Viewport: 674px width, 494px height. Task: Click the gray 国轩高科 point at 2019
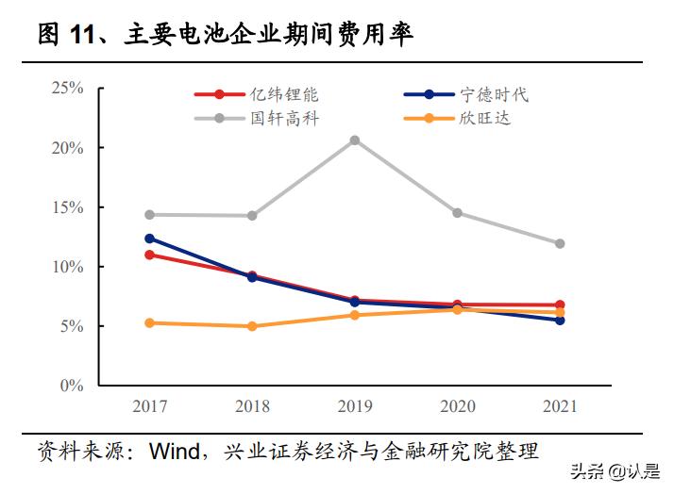tap(355, 140)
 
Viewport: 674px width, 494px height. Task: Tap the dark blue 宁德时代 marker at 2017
tap(149, 239)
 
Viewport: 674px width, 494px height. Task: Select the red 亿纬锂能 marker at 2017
tap(149, 255)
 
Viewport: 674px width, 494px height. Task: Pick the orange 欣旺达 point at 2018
tap(252, 326)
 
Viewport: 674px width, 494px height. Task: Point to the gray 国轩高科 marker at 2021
tap(560, 243)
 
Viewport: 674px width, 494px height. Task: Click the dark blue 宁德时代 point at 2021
tap(560, 321)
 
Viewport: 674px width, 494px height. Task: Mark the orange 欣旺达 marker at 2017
tap(149, 322)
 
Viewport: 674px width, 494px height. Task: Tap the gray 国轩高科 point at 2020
tap(458, 213)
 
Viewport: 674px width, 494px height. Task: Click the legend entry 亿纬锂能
tap(284, 94)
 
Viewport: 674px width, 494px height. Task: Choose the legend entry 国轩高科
tap(284, 119)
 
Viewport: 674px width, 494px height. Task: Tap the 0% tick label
tap(72, 386)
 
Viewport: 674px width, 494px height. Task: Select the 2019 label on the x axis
tap(355, 406)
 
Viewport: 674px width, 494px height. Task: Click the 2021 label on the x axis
tap(560, 406)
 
